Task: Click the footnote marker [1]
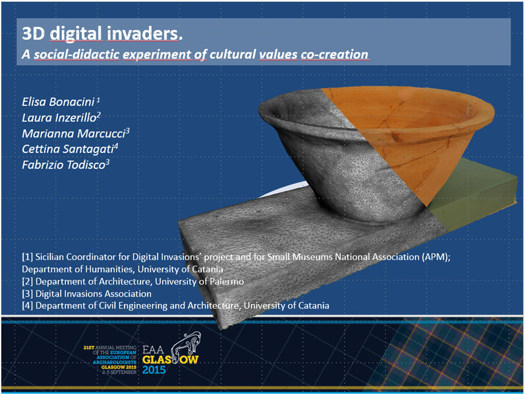point(28,257)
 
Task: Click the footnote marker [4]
point(28,305)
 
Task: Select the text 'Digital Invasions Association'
point(93,294)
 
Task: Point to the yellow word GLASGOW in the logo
point(170,360)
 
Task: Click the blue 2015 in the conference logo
point(154,370)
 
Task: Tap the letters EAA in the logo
point(153,350)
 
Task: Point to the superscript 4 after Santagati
point(116,146)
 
